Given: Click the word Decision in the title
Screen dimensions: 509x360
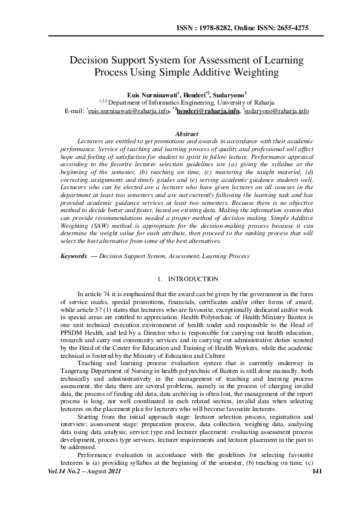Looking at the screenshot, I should click(91, 61).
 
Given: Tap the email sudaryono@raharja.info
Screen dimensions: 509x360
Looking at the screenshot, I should click(277, 112).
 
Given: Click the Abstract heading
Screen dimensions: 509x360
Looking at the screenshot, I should click(186, 132).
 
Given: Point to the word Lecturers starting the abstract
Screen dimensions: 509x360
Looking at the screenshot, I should click(93, 141).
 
